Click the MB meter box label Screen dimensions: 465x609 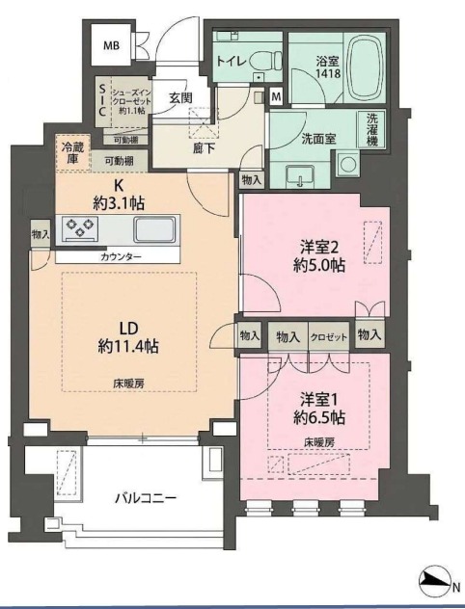point(111,46)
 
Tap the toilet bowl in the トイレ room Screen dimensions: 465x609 point(266,61)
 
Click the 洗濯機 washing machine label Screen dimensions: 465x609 point(372,130)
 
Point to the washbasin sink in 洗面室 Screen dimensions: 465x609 point(300,176)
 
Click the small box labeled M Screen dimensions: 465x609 point(276,96)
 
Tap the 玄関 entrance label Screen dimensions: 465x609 point(180,97)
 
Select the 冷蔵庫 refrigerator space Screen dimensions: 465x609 point(72,152)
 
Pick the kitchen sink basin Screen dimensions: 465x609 point(154,229)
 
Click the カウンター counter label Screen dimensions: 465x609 point(121,256)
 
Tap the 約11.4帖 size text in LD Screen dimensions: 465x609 point(128,346)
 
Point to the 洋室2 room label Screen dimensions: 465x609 point(317,247)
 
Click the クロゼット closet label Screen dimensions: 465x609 point(328,336)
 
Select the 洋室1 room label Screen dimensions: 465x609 point(318,399)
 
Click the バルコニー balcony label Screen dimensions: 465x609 point(146,498)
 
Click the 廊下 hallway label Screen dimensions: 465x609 point(205,148)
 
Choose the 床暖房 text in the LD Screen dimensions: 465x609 point(128,384)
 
